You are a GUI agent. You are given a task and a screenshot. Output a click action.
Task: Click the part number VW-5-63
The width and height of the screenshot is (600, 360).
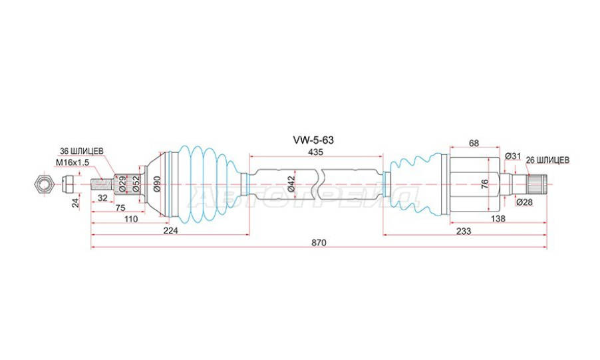pos(316,140)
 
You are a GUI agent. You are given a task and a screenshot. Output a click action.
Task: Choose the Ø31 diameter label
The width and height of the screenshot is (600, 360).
pos(512,156)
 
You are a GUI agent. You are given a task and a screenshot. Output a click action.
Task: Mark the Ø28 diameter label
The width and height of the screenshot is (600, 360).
pos(524,202)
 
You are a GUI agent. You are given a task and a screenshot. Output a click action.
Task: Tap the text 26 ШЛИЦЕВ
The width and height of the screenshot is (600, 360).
pos(547,160)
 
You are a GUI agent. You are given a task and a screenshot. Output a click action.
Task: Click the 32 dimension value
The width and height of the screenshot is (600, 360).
pos(102,198)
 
